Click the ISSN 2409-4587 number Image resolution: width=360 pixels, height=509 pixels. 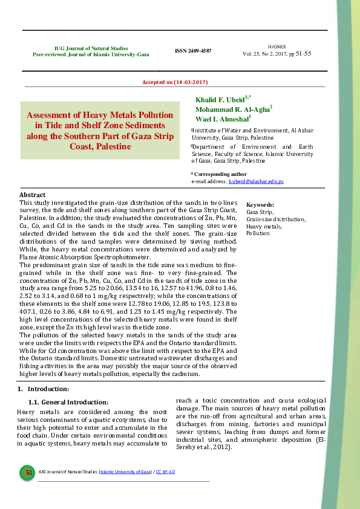(x=193, y=51)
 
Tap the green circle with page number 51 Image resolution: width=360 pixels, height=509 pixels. (x=28, y=472)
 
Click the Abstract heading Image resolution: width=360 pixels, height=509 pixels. (x=33, y=195)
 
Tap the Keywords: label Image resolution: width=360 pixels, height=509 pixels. (x=260, y=206)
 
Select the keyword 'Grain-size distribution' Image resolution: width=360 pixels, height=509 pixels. (x=275, y=219)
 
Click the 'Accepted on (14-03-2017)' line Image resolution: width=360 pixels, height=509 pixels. (x=175, y=82)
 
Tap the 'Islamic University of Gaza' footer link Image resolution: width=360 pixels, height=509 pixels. (x=125, y=472)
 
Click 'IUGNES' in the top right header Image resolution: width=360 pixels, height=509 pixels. (x=277, y=46)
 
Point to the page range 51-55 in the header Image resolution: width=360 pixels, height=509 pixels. (x=303, y=53)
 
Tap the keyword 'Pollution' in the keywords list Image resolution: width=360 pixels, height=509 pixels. (x=258, y=233)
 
